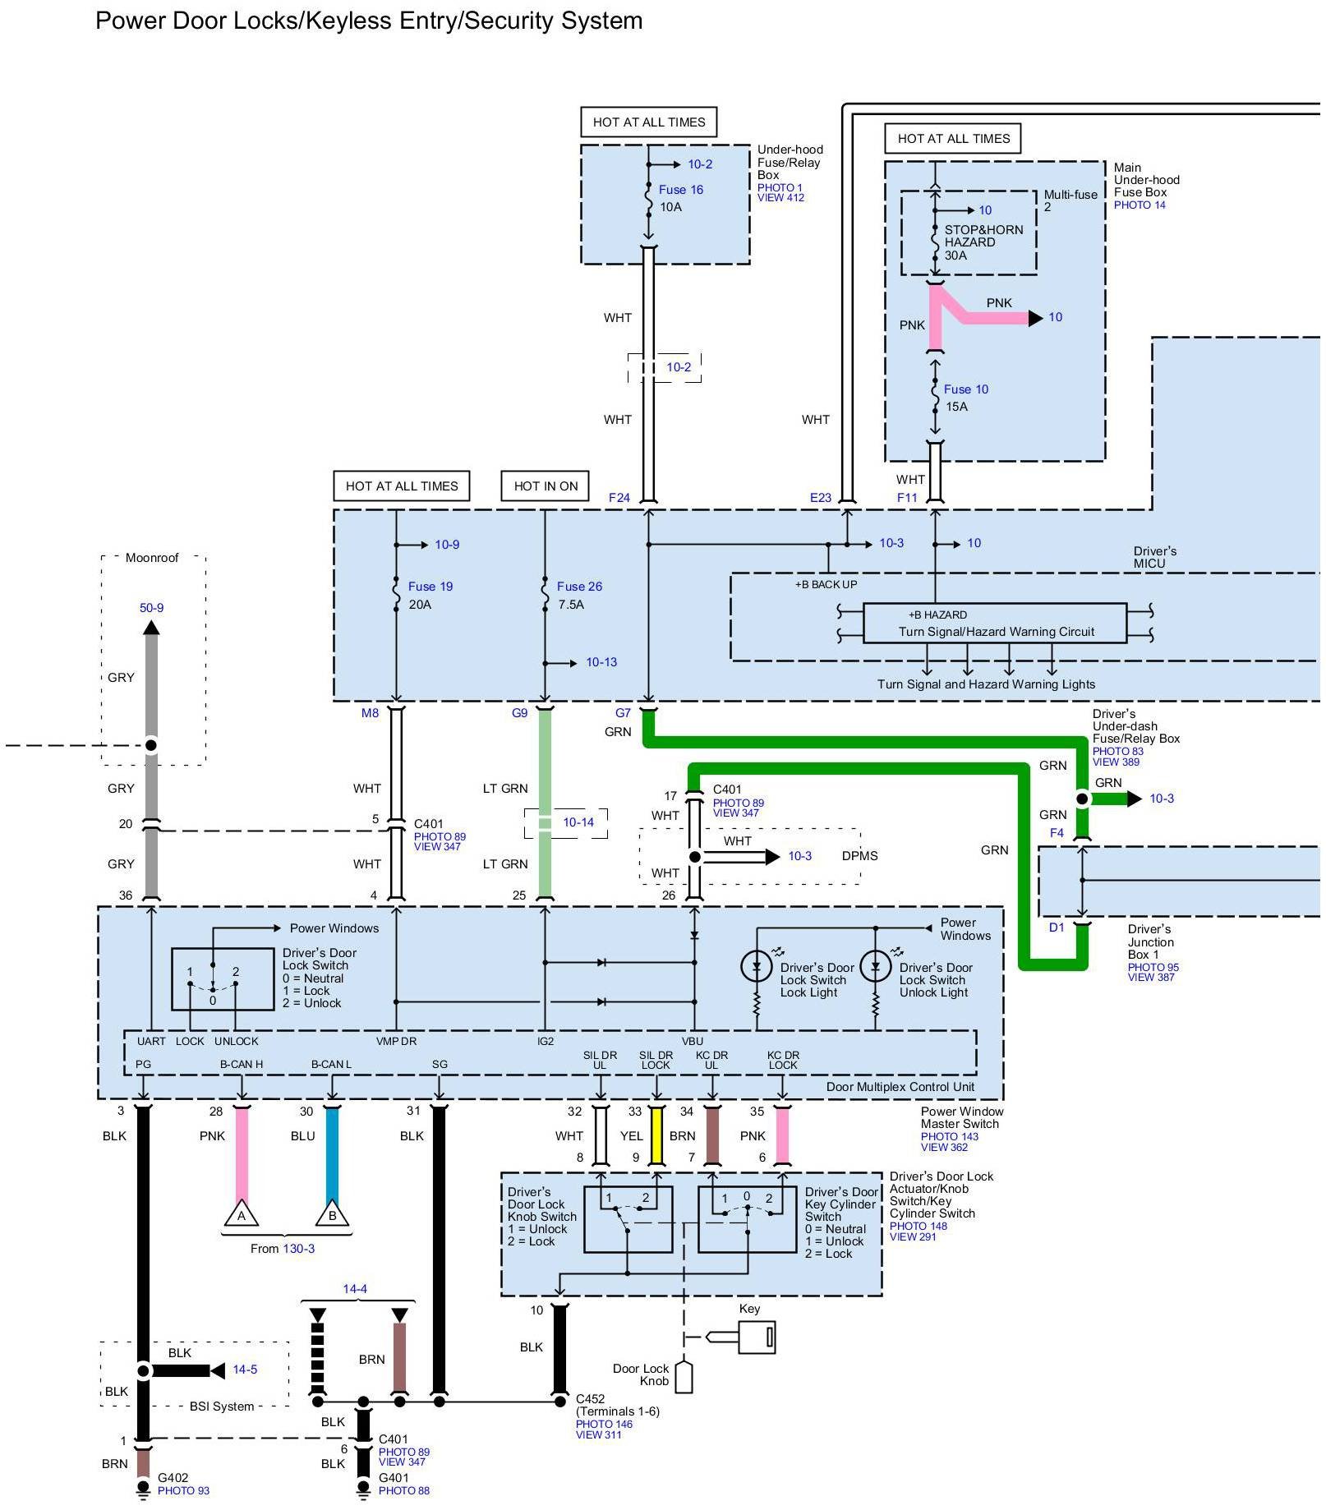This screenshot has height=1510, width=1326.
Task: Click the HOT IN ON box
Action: pos(546,486)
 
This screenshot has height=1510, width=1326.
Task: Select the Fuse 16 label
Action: pos(680,190)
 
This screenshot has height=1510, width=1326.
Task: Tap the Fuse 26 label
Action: pos(579,587)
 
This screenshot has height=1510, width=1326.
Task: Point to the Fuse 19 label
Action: pos(430,587)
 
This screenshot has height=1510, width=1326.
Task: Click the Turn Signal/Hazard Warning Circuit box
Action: pos(994,624)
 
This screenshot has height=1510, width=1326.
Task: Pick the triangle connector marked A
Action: pos(242,1215)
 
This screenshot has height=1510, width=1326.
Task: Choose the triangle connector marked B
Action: pos(332,1215)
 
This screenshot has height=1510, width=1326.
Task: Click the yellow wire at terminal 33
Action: pos(656,1135)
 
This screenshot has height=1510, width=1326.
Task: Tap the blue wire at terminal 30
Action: pos(332,1150)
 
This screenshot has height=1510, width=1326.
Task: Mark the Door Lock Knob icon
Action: pos(684,1378)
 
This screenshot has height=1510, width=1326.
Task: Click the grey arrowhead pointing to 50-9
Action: pos(151,628)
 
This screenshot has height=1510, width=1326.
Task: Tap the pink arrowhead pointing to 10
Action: pos(1035,318)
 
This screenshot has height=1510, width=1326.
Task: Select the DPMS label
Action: pos(859,856)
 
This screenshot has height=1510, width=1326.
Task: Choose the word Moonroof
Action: pos(152,558)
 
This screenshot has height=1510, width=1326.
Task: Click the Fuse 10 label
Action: pos(965,389)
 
